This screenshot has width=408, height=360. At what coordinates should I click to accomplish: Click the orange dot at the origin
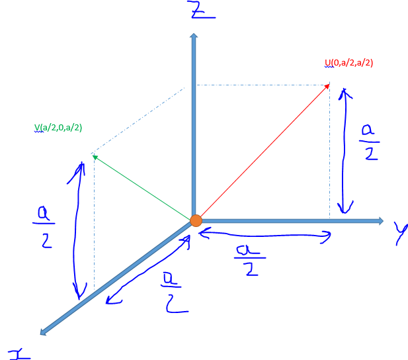tap(196, 220)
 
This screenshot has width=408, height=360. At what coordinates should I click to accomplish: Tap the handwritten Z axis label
tap(196, 11)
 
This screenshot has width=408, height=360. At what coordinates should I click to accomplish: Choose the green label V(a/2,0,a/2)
tap(58, 127)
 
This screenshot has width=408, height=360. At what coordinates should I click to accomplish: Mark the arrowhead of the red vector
tap(327, 86)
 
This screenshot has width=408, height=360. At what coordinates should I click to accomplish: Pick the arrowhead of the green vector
tap(94, 156)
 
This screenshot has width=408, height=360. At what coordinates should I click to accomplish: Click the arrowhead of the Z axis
tap(193, 37)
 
